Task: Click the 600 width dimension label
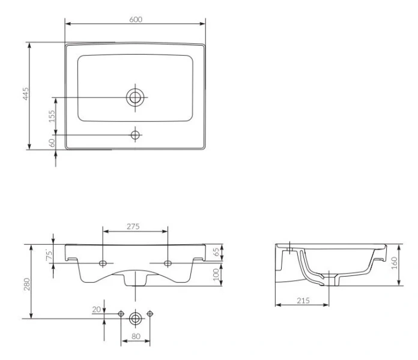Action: [x=136, y=19]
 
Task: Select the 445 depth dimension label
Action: [x=26, y=94]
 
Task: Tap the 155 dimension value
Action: [x=52, y=116]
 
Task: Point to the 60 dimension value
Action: [x=52, y=143]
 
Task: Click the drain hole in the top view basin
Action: [x=135, y=97]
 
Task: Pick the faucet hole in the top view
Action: [x=135, y=135]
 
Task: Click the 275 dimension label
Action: [x=133, y=226]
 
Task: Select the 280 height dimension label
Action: [x=27, y=284]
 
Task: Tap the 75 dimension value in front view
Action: [x=49, y=254]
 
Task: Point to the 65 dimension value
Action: [x=216, y=252]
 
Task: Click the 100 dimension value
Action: [x=216, y=275]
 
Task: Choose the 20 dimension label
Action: [x=97, y=310]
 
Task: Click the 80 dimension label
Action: [x=136, y=337]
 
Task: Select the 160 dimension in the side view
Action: [x=395, y=263]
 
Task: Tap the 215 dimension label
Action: [x=303, y=301]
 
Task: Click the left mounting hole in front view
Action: [x=103, y=263]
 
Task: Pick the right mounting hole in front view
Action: [x=168, y=263]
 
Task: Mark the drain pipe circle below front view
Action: [x=135, y=319]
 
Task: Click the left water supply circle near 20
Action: [x=121, y=314]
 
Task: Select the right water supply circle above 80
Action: [x=150, y=314]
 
